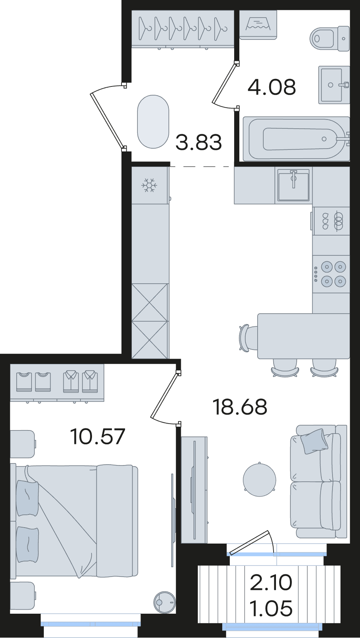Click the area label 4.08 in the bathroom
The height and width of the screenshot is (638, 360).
[272, 87]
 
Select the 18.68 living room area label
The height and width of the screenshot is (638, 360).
[240, 407]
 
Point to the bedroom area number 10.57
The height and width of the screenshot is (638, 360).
[98, 436]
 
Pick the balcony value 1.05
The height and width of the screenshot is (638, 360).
[271, 606]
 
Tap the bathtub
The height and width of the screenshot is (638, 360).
[296, 139]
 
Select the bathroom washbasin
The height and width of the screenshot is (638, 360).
[334, 85]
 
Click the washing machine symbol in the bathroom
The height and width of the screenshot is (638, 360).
[258, 25]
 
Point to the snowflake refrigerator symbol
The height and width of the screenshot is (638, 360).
[149, 185]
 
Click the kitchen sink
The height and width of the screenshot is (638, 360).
[293, 185]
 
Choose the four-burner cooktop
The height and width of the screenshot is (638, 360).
[331, 274]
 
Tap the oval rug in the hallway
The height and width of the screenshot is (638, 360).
[153, 122]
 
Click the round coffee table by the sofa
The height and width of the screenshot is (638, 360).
[260, 480]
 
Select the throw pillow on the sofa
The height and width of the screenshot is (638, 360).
[313, 441]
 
